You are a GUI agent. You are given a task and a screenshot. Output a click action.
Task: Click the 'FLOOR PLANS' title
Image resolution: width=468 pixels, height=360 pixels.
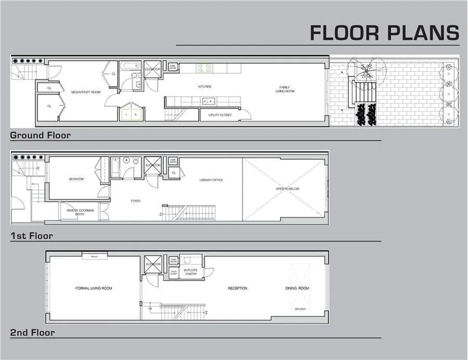pyautogui.click(x=384, y=32)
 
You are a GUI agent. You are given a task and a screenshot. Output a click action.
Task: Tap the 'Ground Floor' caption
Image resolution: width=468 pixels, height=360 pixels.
pyautogui.click(x=40, y=135)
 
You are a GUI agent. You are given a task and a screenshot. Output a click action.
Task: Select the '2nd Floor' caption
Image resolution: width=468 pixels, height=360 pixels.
pyautogui.click(x=32, y=332)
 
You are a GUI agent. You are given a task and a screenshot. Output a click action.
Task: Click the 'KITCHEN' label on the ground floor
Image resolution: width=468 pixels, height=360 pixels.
pyautogui.click(x=204, y=86)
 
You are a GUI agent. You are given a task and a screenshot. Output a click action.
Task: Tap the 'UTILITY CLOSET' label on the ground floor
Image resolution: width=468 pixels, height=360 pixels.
pyautogui.click(x=220, y=115)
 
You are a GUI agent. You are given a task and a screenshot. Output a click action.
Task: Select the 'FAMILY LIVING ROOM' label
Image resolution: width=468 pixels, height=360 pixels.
pyautogui.click(x=285, y=89)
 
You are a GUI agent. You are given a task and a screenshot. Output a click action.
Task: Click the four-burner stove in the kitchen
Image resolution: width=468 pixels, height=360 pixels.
pyautogui.click(x=204, y=68)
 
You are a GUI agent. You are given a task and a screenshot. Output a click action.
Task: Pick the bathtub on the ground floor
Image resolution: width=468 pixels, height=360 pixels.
pyautogui.click(x=128, y=67)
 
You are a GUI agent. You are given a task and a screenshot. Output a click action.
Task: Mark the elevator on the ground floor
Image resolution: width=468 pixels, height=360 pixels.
pyautogui.click(x=152, y=70)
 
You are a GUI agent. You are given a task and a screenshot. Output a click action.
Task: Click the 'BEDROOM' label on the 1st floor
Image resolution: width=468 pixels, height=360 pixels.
pyautogui.click(x=76, y=179)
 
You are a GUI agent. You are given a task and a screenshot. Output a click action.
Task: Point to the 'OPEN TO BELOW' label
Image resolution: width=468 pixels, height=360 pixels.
pyautogui.click(x=288, y=189)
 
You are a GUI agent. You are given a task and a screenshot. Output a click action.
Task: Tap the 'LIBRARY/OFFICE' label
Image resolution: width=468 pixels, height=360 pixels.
pyautogui.click(x=211, y=180)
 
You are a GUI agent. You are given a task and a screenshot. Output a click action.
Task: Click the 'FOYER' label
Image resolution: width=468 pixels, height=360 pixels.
pyautogui.click(x=135, y=201)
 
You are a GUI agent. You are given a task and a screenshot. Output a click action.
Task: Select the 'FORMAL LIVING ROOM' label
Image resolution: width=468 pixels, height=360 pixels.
pyautogui.click(x=94, y=288)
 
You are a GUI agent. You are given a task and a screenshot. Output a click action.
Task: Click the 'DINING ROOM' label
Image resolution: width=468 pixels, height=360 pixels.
pyautogui.click(x=297, y=288)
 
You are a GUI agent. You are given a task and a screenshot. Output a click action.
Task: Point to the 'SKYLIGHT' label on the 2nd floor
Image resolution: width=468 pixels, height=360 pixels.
pyautogui.click(x=300, y=309)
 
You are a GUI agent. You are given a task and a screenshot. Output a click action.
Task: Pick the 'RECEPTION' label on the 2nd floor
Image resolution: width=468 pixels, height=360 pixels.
pyautogui.click(x=237, y=288)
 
